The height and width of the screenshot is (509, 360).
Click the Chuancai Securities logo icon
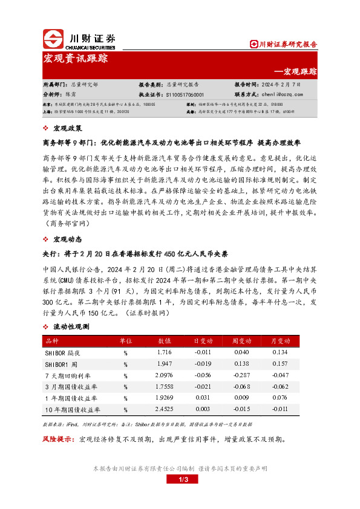click(x=54, y=39)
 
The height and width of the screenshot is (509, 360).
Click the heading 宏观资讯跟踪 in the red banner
click(x=76, y=59)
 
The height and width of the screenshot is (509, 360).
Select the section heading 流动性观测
click(x=71, y=326)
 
